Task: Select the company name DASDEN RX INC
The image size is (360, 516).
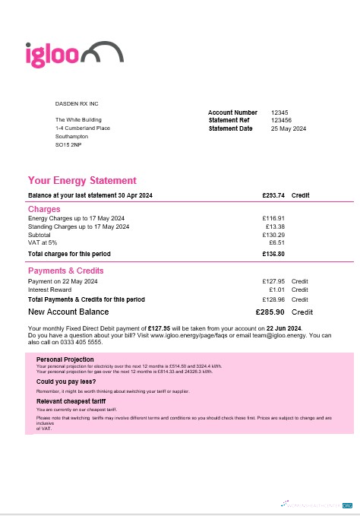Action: (x=77, y=103)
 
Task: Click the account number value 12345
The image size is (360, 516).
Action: (x=279, y=112)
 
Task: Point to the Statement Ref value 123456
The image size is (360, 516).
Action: (x=281, y=120)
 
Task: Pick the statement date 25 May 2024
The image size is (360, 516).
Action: (x=289, y=128)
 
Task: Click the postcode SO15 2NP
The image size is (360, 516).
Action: (x=68, y=144)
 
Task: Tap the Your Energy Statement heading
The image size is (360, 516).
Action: (x=82, y=181)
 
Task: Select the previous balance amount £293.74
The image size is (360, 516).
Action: (x=273, y=195)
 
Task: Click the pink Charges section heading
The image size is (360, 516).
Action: (x=44, y=209)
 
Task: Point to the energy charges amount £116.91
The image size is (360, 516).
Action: (x=273, y=218)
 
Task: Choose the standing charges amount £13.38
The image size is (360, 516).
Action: (x=275, y=226)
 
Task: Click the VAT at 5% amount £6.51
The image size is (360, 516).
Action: (x=276, y=242)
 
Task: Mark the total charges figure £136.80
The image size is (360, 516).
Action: (x=273, y=253)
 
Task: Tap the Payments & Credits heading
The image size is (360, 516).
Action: (x=66, y=271)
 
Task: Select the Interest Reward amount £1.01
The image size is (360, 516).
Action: (x=276, y=290)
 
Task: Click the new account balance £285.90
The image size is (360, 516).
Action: (x=270, y=312)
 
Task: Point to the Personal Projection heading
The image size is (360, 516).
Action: (x=65, y=359)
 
